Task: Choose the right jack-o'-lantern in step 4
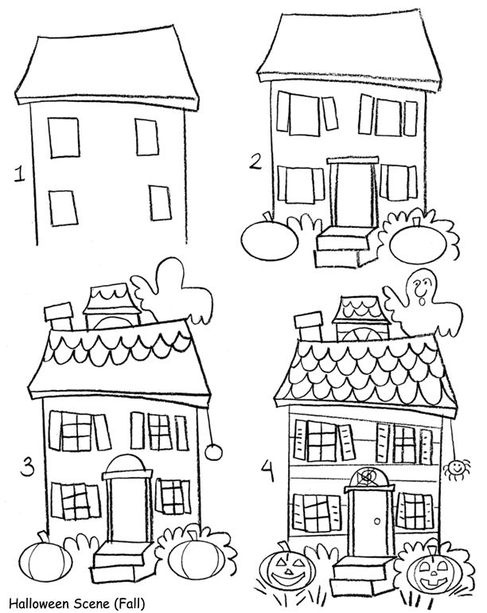(433, 572)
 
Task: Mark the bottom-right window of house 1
(160, 203)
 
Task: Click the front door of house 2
(353, 196)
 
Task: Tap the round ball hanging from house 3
(212, 452)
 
